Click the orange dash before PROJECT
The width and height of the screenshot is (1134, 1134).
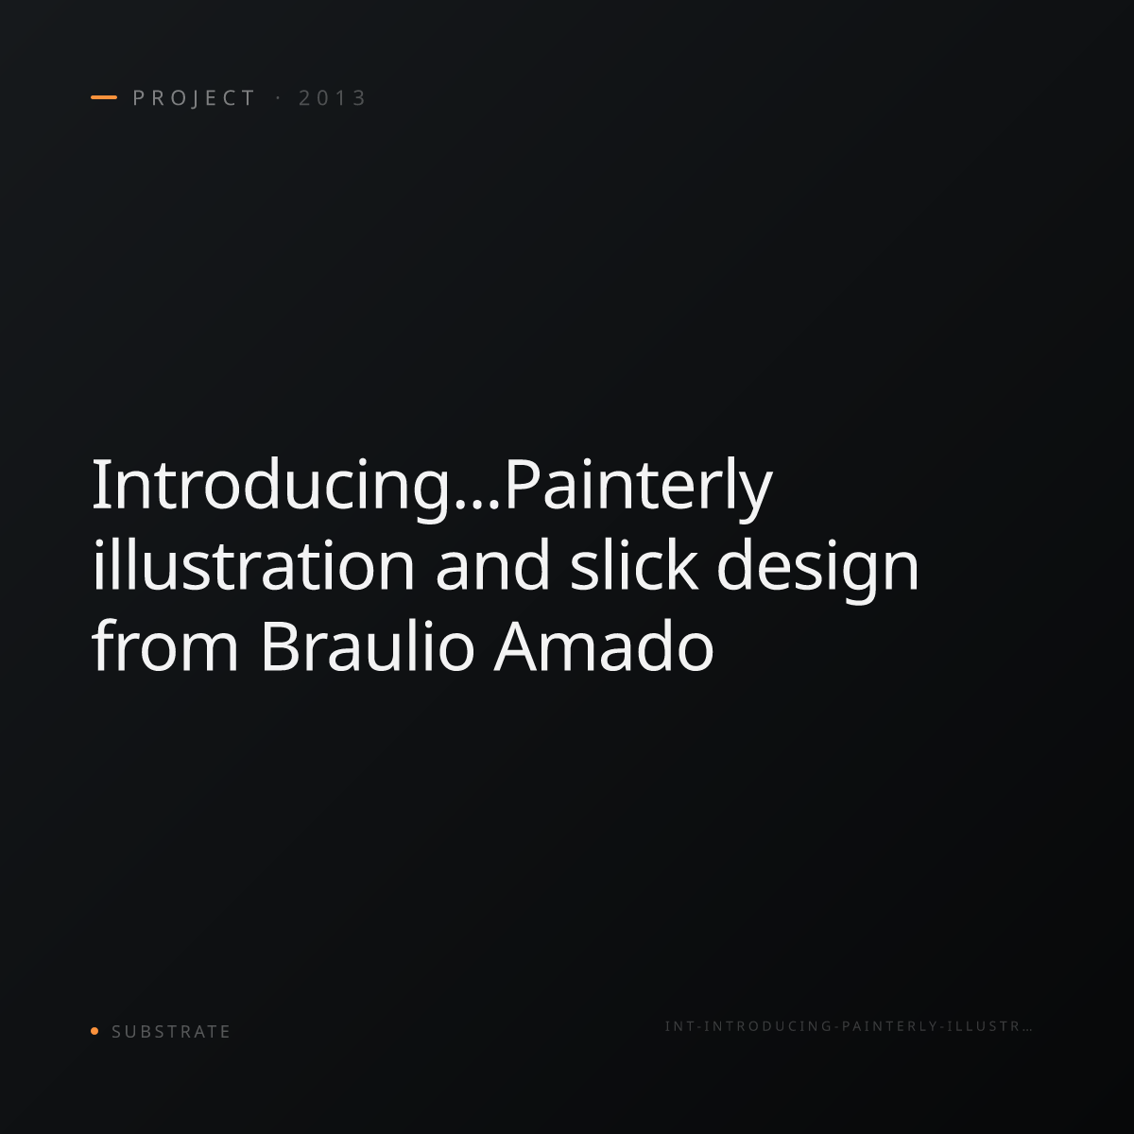tap(104, 97)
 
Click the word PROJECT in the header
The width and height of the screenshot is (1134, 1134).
tap(194, 98)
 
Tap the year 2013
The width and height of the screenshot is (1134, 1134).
tap(332, 98)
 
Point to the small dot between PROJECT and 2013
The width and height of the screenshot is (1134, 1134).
tap(278, 98)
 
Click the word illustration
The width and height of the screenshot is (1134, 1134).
tap(253, 564)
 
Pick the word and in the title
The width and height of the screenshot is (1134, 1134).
tap(492, 564)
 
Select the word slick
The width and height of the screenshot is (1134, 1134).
tap(634, 564)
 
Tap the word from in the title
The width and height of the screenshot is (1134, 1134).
tap(165, 645)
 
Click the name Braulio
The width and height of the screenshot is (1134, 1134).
tap(368, 645)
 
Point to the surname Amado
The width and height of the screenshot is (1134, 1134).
tap(604, 645)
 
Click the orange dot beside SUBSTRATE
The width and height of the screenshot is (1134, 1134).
tap(94, 1030)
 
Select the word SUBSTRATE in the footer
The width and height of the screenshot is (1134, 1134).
tap(171, 1032)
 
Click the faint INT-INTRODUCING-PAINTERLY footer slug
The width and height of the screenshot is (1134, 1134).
tap(849, 1026)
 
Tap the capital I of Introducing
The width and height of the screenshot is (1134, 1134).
tap(98, 485)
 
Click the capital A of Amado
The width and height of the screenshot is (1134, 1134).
tap(516, 645)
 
